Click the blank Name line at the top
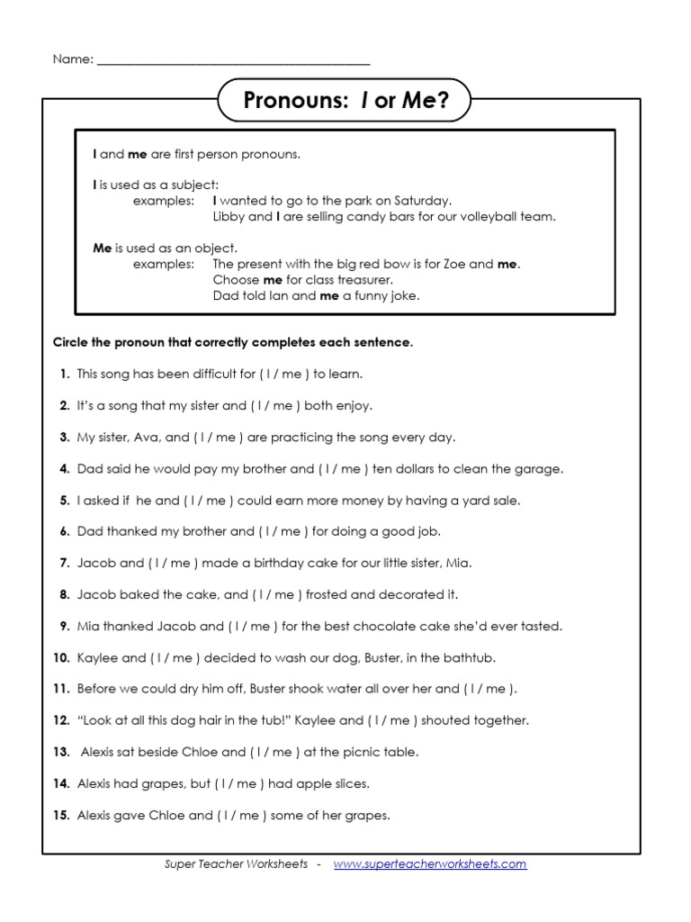(x=233, y=60)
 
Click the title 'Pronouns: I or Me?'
(x=345, y=102)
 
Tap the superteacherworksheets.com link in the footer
(x=430, y=863)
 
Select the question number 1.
(x=64, y=374)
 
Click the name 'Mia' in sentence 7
(x=459, y=563)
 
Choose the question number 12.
(x=61, y=720)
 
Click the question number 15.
(x=61, y=815)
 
